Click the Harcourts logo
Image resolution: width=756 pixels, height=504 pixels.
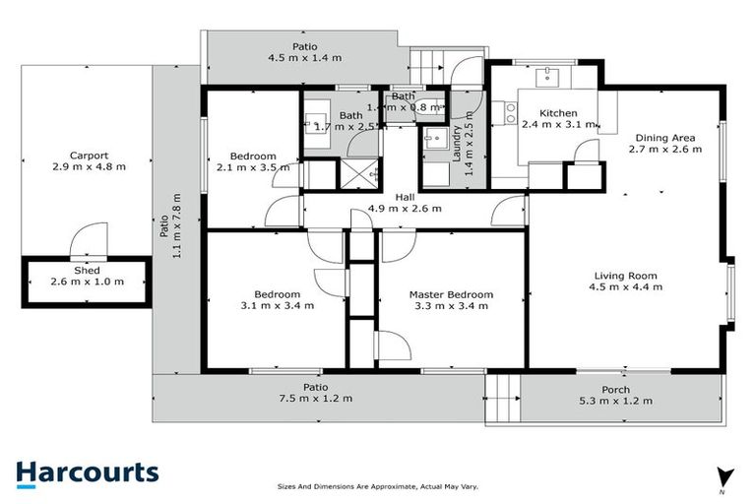click(x=87, y=472)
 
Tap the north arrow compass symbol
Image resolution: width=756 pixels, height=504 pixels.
click(x=725, y=476)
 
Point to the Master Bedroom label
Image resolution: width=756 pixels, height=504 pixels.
click(x=450, y=294)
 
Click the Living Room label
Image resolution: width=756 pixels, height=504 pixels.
click(x=625, y=276)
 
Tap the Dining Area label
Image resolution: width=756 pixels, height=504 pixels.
click(x=665, y=139)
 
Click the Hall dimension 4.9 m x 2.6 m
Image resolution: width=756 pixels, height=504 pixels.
click(x=404, y=209)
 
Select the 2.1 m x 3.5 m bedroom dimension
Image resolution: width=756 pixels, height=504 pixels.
click(x=253, y=168)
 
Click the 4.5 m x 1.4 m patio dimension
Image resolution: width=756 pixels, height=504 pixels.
click(x=304, y=58)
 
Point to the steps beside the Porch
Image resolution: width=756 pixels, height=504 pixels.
click(x=503, y=401)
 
